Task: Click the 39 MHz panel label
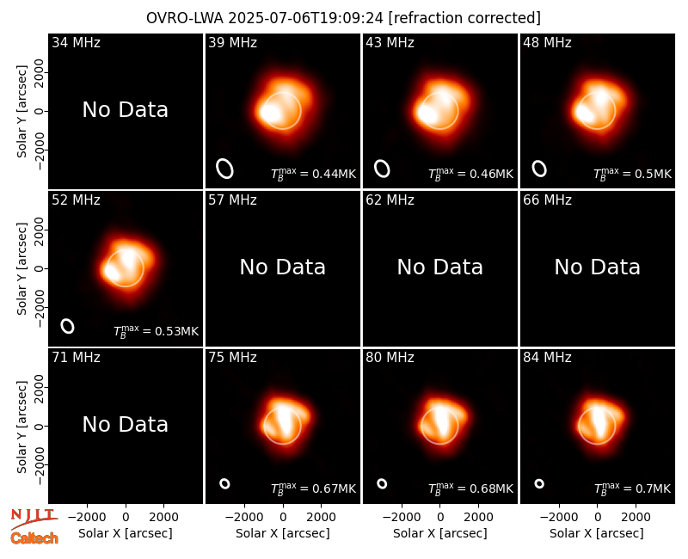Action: click(232, 42)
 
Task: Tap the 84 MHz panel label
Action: click(547, 358)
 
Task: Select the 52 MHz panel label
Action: click(76, 200)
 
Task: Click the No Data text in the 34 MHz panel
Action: click(125, 110)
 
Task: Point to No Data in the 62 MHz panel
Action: click(439, 267)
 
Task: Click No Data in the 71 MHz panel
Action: click(125, 425)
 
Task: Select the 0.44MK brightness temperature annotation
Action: click(313, 174)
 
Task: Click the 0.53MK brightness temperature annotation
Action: click(157, 331)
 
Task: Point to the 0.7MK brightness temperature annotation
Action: click(632, 488)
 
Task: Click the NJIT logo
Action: click(33, 517)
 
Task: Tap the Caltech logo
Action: click(34, 538)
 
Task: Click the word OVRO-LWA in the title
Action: click(185, 18)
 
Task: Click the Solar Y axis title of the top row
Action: click(22, 112)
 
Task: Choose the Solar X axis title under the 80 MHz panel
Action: click(439, 533)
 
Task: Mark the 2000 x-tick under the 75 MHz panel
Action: click(321, 518)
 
